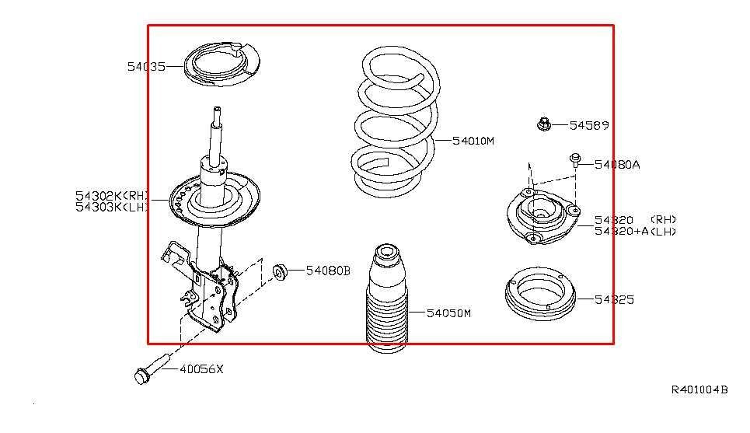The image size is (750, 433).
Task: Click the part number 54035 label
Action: [x=146, y=67]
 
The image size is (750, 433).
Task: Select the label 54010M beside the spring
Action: [x=473, y=141]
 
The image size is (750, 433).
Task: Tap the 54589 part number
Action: [x=589, y=125]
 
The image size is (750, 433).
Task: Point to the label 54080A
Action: [x=617, y=165]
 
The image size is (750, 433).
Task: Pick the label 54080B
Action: [x=328, y=271]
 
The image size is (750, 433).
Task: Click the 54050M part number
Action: [x=448, y=313]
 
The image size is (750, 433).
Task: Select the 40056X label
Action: [x=201, y=369]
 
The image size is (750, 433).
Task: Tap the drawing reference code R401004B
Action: [x=699, y=389]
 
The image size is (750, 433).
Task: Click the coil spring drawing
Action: [x=392, y=124]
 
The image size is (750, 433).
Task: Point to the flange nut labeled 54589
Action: [x=543, y=124]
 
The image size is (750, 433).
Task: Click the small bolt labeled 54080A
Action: [x=574, y=160]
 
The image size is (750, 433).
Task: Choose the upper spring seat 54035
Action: [x=213, y=66]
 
